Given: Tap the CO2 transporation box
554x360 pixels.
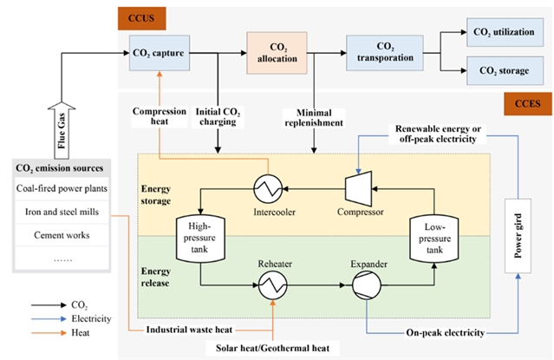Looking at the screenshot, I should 384,53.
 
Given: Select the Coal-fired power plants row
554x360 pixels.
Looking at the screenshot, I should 61,188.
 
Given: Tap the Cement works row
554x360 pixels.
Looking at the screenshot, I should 61,233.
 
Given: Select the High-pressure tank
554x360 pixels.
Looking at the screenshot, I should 199,237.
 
